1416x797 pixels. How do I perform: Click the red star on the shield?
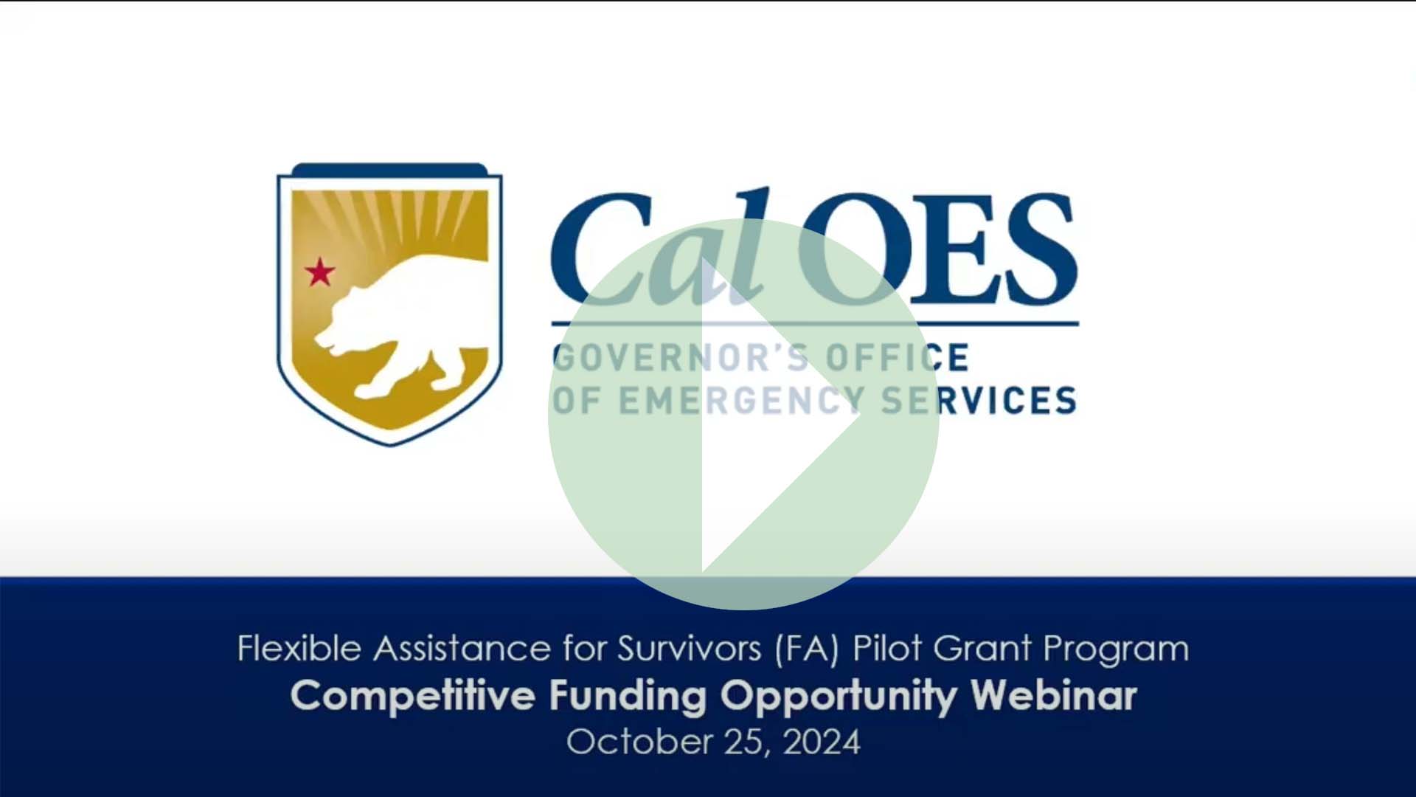(x=320, y=272)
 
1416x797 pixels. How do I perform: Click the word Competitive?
(x=413, y=696)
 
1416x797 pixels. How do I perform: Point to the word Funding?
(x=628, y=696)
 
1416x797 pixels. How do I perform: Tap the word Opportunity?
(x=838, y=696)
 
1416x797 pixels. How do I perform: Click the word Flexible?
(x=299, y=649)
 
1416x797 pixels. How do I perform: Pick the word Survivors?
(x=689, y=649)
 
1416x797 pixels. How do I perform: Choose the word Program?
(x=1115, y=649)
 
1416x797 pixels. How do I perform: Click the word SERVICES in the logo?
(x=979, y=401)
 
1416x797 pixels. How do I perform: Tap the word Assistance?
(x=462, y=649)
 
